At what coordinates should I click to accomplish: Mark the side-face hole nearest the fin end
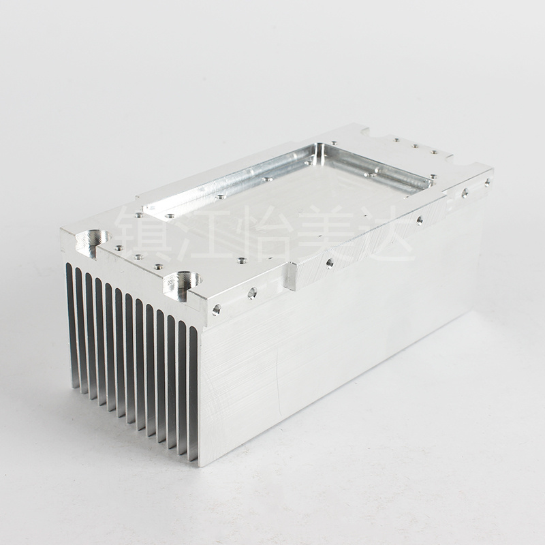point(216,309)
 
